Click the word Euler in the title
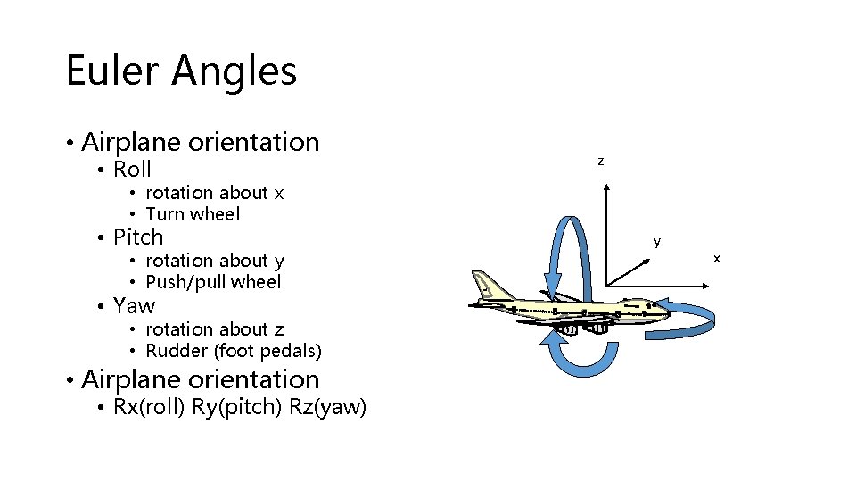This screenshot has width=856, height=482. click(x=109, y=71)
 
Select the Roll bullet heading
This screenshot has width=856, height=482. click(x=132, y=169)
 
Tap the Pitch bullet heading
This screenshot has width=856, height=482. click(x=138, y=237)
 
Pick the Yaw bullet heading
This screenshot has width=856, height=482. click(x=134, y=306)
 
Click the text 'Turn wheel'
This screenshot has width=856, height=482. click(x=193, y=214)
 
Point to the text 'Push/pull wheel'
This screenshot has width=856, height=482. click(x=213, y=282)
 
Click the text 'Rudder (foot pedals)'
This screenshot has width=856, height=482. click(x=233, y=351)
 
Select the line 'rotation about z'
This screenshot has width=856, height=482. click(x=214, y=329)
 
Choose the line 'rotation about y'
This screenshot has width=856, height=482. click(x=214, y=261)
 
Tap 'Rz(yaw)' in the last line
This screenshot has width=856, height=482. click(x=327, y=408)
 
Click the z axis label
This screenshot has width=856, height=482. click(x=601, y=162)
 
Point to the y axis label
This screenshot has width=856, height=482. click(x=657, y=241)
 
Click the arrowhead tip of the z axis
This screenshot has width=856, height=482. click(x=606, y=187)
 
